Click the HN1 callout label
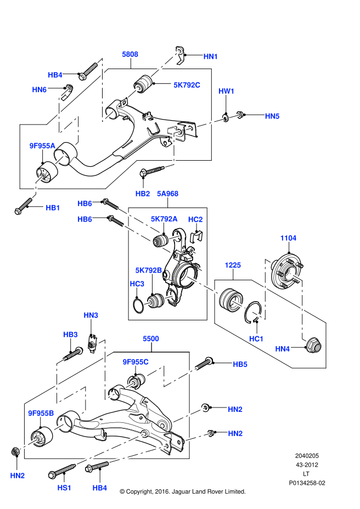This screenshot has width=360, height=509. [211, 56]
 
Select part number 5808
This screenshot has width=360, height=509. [130, 54]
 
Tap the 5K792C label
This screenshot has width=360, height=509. [187, 85]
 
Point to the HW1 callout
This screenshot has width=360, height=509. [227, 91]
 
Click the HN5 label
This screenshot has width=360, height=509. [272, 116]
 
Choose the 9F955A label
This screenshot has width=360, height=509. [42, 145]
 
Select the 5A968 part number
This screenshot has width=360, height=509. [167, 194]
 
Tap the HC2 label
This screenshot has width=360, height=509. [195, 219]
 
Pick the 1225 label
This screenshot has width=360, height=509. [232, 265]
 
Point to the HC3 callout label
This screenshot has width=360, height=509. [137, 284]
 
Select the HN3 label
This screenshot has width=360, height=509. [91, 315]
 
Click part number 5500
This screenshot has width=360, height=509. [151, 339]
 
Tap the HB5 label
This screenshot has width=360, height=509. [240, 364]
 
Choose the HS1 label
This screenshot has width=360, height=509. [64, 487]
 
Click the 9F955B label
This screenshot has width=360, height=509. [41, 413]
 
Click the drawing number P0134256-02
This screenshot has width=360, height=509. [307, 483]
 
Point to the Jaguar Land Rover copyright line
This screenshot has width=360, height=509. [182, 491]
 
